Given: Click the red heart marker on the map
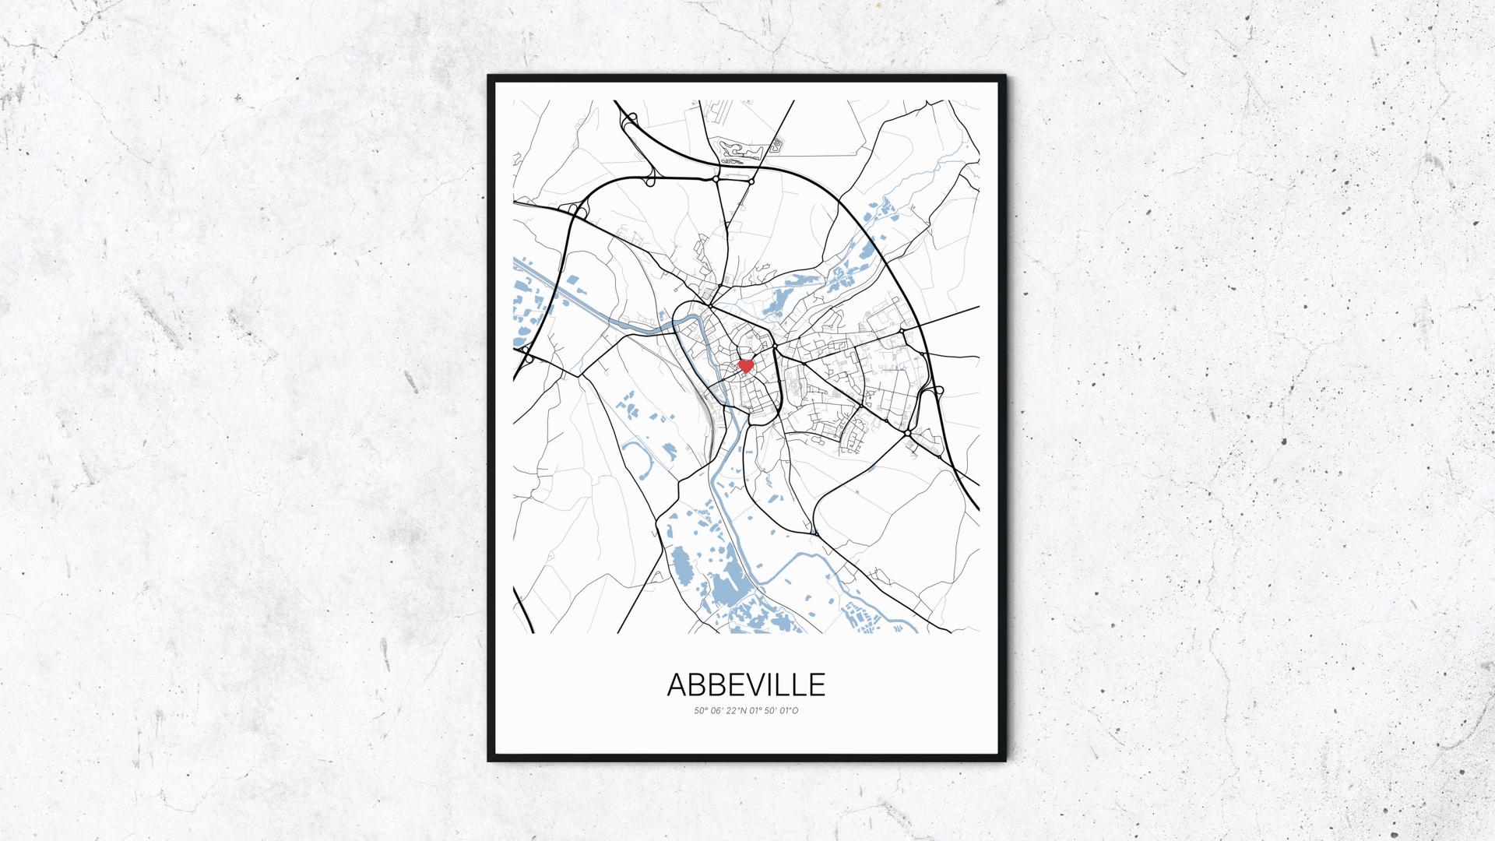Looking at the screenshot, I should pyautogui.click(x=746, y=364).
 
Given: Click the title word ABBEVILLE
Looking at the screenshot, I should pyautogui.click(x=746, y=684).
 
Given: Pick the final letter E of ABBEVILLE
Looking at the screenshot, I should pyautogui.click(x=816, y=684).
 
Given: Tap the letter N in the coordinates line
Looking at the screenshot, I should pyautogui.click(x=743, y=710).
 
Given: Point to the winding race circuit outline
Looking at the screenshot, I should pyautogui.click(x=738, y=150).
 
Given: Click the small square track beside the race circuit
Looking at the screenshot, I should pyautogui.click(x=777, y=144).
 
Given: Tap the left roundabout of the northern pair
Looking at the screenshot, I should pyautogui.click(x=716, y=179).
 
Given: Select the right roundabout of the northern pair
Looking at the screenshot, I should pyautogui.click(x=752, y=181).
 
